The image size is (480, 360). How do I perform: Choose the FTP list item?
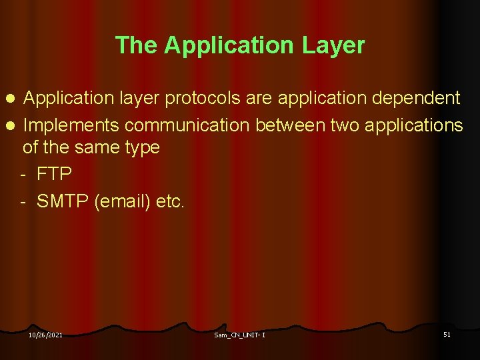pos(55,173)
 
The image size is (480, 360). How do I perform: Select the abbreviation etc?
pos(170,201)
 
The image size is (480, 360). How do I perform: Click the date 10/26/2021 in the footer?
pos(45,335)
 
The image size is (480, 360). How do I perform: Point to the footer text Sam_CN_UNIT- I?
pos(239,335)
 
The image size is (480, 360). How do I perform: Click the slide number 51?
pos(447,334)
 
